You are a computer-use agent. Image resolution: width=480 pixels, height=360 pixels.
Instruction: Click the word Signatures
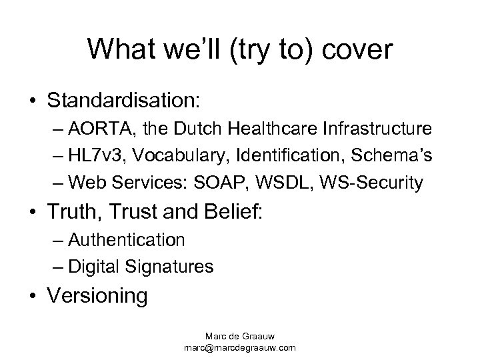click(x=174, y=267)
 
